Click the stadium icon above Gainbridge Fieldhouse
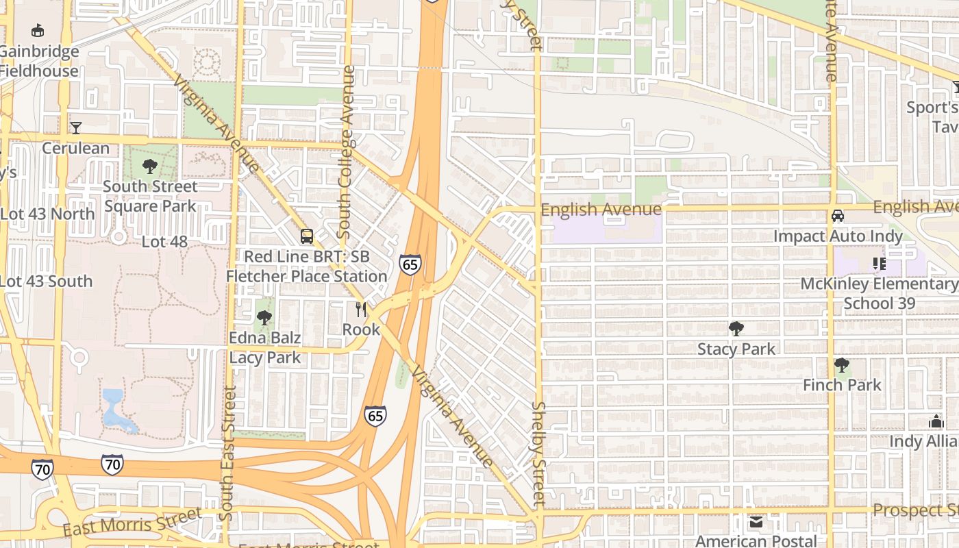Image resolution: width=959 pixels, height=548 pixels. (x=38, y=30)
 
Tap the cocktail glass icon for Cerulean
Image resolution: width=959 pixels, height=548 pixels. (x=75, y=127)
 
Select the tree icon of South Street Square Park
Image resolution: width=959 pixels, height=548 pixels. (x=149, y=166)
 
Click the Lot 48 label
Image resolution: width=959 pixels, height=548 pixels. (x=164, y=242)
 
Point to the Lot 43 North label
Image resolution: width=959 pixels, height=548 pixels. (x=47, y=214)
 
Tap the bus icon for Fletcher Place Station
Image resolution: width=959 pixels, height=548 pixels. (x=307, y=236)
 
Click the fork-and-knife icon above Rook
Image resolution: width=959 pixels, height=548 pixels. (x=361, y=310)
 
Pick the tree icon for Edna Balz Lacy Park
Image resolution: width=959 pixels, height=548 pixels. (x=264, y=318)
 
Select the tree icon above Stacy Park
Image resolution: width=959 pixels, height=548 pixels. (x=736, y=329)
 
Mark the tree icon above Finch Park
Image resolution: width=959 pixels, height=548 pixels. (x=842, y=365)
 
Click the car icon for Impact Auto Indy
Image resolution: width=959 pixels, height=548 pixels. (x=837, y=216)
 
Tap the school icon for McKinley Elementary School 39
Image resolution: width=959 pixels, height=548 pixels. (x=880, y=263)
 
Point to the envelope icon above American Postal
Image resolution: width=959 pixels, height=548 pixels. (x=756, y=523)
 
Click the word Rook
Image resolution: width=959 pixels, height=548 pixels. (x=361, y=329)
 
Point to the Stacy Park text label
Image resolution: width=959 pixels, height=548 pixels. (x=736, y=349)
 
